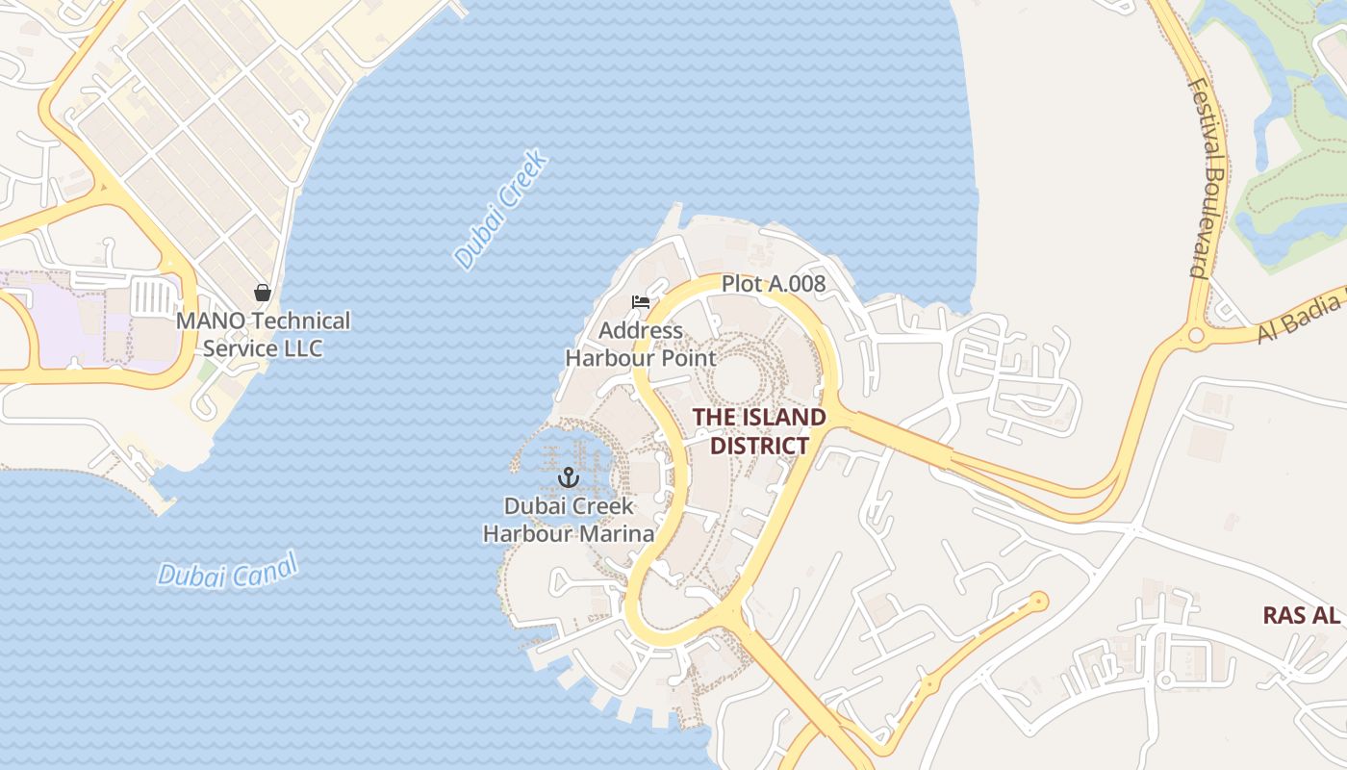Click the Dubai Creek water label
[501, 209]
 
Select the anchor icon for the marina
[569, 476]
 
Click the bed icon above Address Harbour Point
[641, 302]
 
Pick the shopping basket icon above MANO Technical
[262, 293]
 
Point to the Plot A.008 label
[774, 285]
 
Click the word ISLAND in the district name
[780, 418]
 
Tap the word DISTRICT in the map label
[759, 446]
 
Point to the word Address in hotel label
[641, 331]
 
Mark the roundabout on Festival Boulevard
[1196, 336]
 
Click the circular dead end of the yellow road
[1037, 603]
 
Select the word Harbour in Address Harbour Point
[609, 359]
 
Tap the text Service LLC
[263, 348]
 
